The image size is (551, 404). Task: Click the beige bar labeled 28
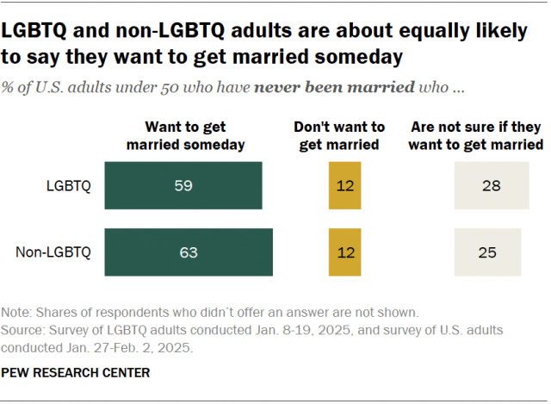492,185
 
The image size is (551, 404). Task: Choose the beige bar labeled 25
487,252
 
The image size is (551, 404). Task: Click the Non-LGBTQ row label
53,252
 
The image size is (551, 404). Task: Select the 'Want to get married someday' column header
186,135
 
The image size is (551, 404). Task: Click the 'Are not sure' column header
476,135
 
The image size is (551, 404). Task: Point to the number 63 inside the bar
189,252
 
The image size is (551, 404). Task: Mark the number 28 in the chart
492,185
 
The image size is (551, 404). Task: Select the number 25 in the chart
487,252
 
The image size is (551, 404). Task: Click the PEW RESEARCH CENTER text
77,372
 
